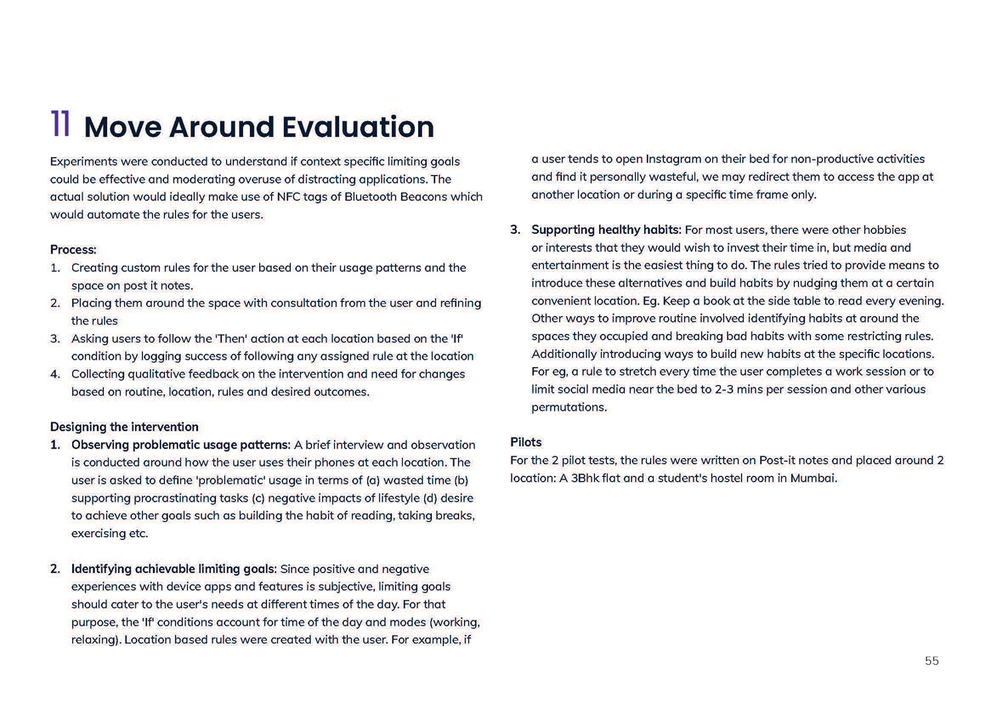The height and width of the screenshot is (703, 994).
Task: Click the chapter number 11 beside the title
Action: click(60, 125)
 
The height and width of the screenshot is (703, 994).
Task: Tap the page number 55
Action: click(932, 661)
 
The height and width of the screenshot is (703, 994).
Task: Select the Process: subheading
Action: click(74, 250)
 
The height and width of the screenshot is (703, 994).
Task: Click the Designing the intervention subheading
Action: click(125, 427)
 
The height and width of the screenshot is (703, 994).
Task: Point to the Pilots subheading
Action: click(526, 442)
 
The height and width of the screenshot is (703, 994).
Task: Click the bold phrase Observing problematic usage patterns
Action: click(181, 445)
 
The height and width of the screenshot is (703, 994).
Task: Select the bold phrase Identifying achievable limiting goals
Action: click(174, 568)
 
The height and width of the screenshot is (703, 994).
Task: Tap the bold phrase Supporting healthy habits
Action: click(606, 230)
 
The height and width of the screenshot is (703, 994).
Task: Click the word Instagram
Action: click(673, 159)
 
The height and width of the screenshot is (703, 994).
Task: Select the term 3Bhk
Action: click(579, 478)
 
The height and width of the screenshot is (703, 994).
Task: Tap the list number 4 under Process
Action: click(55, 374)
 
